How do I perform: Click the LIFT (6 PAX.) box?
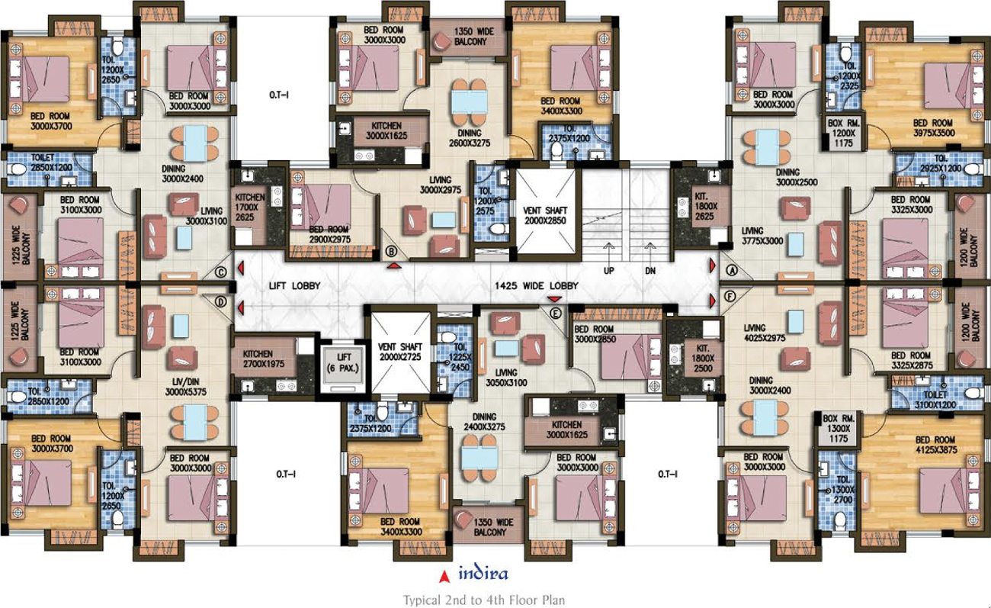pyautogui.click(x=344, y=366)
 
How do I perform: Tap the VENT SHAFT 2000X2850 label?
pyautogui.click(x=545, y=215)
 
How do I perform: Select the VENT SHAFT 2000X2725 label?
pyautogui.click(x=400, y=352)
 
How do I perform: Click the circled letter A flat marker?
pyautogui.click(x=732, y=270)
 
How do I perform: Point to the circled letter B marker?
pyautogui.click(x=391, y=251)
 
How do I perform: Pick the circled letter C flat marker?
pyautogui.click(x=221, y=272)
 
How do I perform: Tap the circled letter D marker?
pyautogui.click(x=221, y=302)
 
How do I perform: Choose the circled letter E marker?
pyautogui.click(x=555, y=314)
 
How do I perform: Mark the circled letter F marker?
pyautogui.click(x=730, y=296)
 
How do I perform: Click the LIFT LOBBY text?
pyautogui.click(x=295, y=285)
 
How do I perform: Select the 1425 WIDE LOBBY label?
pyautogui.click(x=536, y=285)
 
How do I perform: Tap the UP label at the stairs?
pyautogui.click(x=609, y=270)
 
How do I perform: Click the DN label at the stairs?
pyautogui.click(x=650, y=270)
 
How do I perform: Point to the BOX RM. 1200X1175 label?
pyautogui.click(x=843, y=133)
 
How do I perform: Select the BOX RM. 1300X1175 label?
pyautogui.click(x=839, y=428)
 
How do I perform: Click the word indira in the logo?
pyautogui.click(x=483, y=574)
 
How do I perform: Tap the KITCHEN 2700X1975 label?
pyautogui.click(x=264, y=359)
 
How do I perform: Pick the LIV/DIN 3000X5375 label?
pyautogui.click(x=186, y=387)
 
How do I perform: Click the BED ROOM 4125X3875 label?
pyautogui.click(x=935, y=445)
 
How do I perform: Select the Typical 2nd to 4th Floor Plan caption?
pyautogui.click(x=484, y=600)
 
